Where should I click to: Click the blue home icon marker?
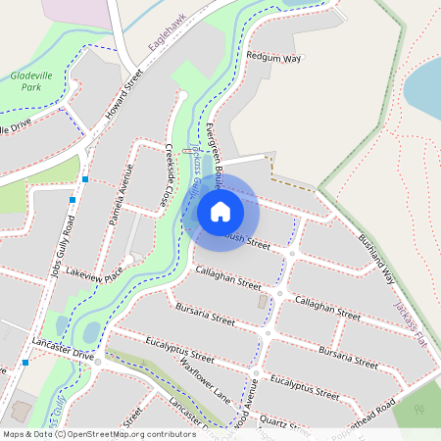[x=220, y=211]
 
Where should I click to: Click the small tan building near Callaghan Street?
[x=261, y=301]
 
